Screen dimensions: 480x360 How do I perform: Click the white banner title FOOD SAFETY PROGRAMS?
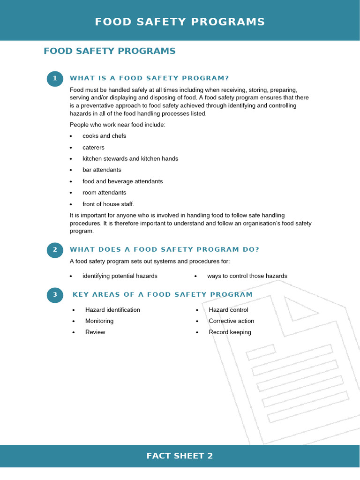pyautogui.click(x=180, y=22)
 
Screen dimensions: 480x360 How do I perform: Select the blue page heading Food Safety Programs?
pyautogui.click(x=109, y=51)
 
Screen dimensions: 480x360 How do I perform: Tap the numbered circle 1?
pyautogui.click(x=55, y=78)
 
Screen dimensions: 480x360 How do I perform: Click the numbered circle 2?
pyautogui.click(x=55, y=250)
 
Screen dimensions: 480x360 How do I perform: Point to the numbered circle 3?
pyautogui.click(x=55, y=295)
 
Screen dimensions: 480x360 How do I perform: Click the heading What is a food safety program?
pyautogui.click(x=149, y=78)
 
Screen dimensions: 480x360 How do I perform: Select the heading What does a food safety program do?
pyautogui.click(x=164, y=250)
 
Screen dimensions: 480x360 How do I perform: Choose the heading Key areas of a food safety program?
pyautogui.click(x=163, y=295)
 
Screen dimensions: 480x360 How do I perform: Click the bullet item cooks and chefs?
pyautogui.click(x=104, y=136)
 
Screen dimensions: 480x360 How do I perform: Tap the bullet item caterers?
pyautogui.click(x=93, y=148)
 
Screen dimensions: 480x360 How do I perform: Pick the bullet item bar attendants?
pyautogui.click(x=102, y=170)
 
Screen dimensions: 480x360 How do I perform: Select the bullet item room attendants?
pyautogui.click(x=104, y=193)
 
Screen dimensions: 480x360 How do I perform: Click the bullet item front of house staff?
pyautogui.click(x=108, y=204)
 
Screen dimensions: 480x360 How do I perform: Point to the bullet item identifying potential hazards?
pyautogui.click(x=120, y=276)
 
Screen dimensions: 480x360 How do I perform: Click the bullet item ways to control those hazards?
pyautogui.click(x=247, y=276)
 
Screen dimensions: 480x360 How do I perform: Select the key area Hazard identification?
pyautogui.click(x=112, y=310)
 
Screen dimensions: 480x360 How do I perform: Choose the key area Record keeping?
pyautogui.click(x=230, y=332)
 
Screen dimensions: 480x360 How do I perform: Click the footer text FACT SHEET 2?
pyautogui.click(x=180, y=456)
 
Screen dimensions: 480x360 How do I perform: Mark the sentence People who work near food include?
pyautogui.click(x=117, y=125)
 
